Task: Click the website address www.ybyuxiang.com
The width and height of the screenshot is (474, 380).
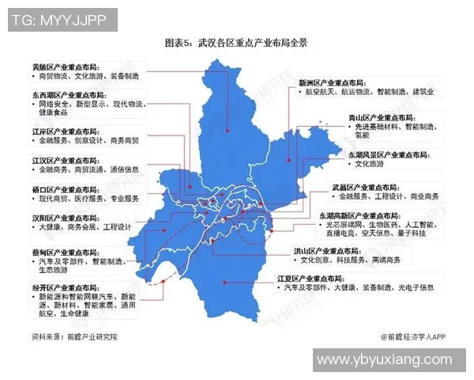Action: click(x=392, y=361)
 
